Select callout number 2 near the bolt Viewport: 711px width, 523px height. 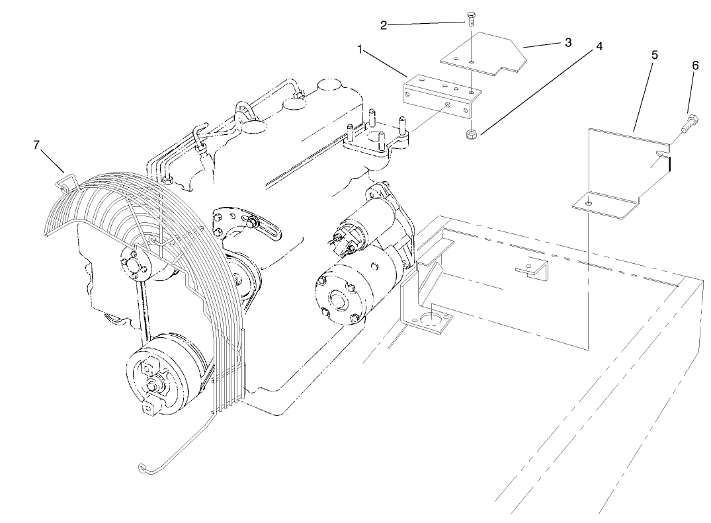click(384, 26)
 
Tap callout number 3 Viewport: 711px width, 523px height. click(568, 42)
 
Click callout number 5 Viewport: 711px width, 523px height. click(654, 55)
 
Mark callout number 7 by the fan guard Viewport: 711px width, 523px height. click(36, 145)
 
